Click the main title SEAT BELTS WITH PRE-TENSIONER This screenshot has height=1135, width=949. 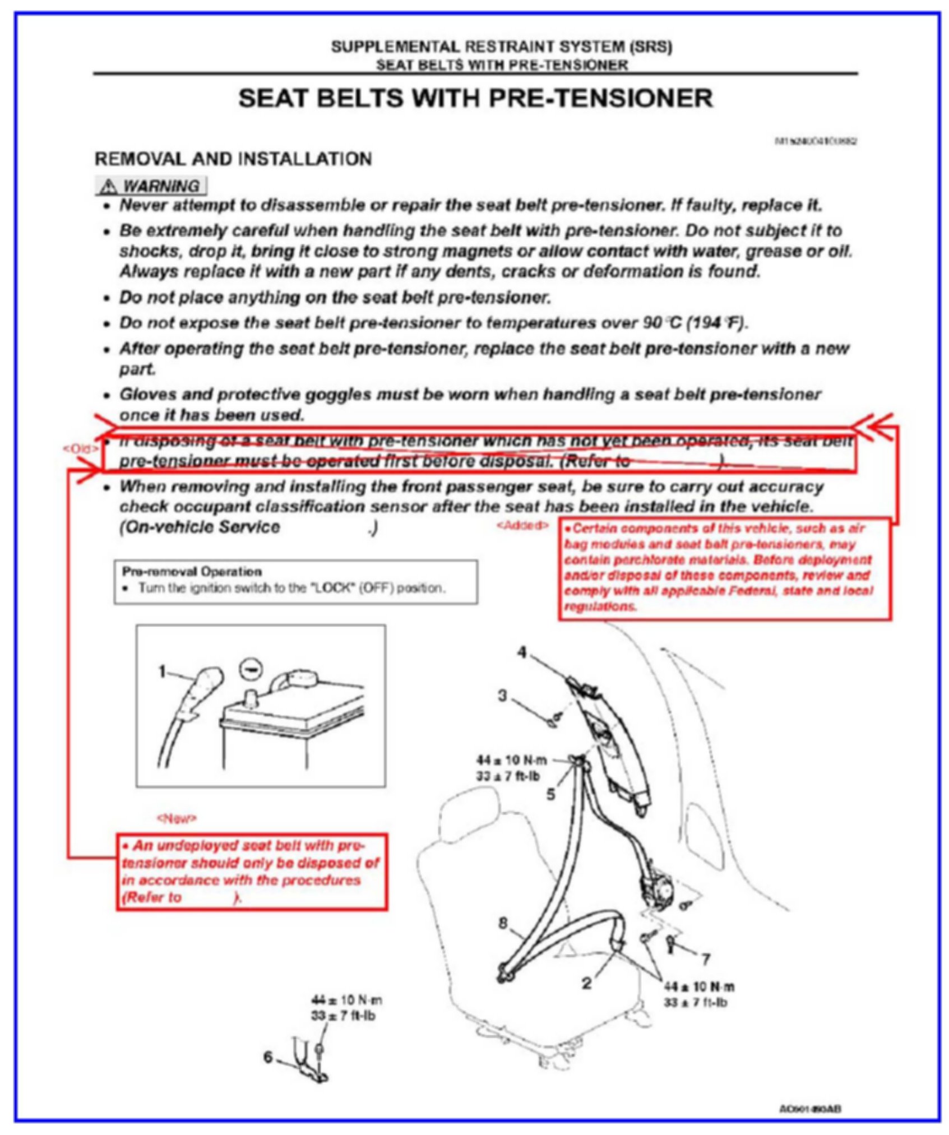475,99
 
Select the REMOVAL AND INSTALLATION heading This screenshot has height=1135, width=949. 233,159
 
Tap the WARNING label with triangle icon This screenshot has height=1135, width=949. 151,186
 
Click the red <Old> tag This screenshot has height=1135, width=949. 80,448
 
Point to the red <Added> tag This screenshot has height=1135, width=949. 522,525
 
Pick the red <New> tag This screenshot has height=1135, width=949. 177,819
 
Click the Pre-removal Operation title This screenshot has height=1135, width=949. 192,572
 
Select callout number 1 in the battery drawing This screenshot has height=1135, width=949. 163,671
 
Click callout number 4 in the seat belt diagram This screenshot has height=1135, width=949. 522,652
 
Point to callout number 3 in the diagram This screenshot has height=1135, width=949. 503,696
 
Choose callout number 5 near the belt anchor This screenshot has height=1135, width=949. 552,794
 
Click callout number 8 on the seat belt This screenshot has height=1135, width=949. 503,922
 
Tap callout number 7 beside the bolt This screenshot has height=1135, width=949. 705,959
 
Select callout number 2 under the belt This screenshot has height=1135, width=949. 586,984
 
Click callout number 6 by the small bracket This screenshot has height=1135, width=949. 269,1057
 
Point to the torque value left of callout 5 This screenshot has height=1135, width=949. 511,768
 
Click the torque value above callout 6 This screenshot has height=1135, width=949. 345,1008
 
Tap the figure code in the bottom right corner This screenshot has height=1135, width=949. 810,1109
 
